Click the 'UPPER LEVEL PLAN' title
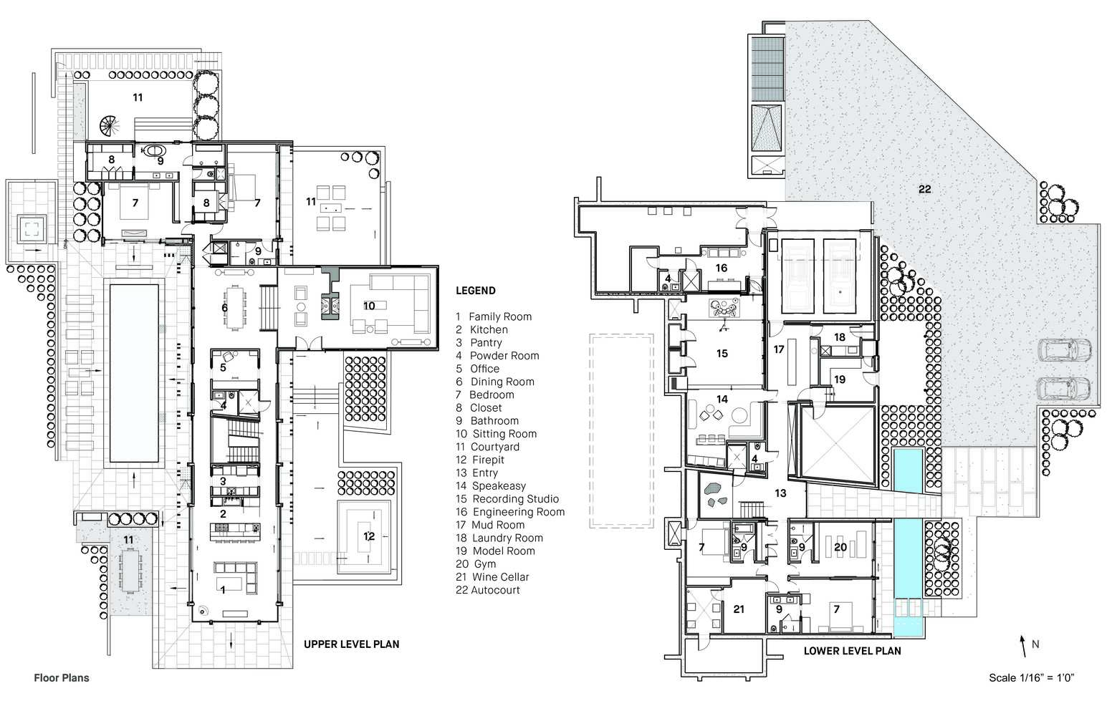(351, 644)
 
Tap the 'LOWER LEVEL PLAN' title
(852, 651)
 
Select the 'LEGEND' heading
(476, 291)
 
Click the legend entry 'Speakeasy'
(499, 486)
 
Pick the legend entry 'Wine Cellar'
(501, 577)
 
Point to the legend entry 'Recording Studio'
(516, 499)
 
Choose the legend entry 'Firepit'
(488, 460)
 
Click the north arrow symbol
(1023, 646)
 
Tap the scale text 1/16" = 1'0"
(1046, 677)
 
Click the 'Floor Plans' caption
(62, 677)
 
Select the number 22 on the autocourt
(924, 189)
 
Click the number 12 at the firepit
(369, 536)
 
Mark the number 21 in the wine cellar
(738, 609)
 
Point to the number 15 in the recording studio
(722, 354)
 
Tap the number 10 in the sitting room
(369, 306)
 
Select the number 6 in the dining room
(224, 308)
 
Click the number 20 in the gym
(840, 547)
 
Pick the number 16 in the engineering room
(722, 268)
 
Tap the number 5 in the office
(223, 368)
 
